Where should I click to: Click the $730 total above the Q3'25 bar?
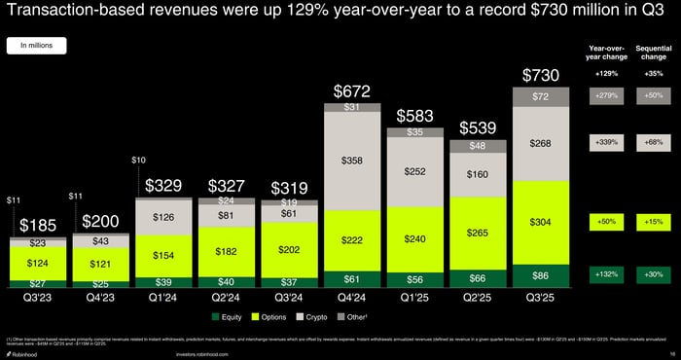click(541, 75)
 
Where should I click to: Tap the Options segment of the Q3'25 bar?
click(541, 222)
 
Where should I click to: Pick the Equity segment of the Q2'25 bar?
click(478, 278)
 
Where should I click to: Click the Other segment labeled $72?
click(541, 97)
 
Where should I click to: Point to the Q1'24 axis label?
click(162, 298)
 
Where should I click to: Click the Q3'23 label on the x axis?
click(37, 298)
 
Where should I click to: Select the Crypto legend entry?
click(309, 317)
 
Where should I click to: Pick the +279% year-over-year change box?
click(606, 95)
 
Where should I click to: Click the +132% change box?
click(606, 275)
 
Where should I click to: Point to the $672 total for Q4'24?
click(351, 90)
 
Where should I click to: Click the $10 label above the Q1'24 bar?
click(139, 160)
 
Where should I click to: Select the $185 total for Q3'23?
click(37, 226)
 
